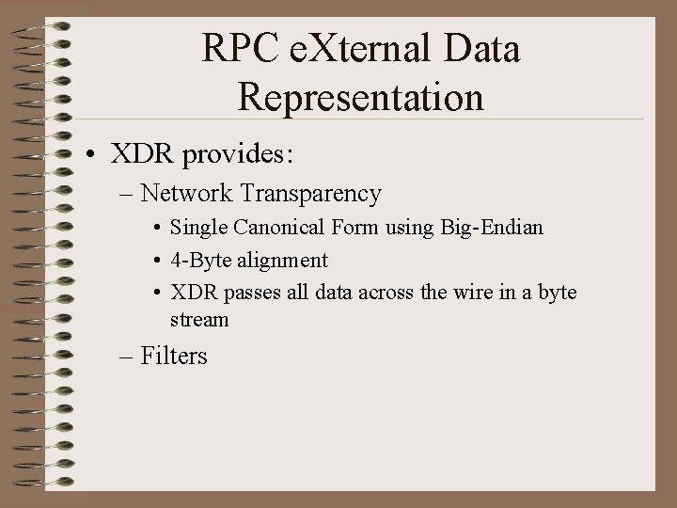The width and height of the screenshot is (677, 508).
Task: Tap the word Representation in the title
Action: point(361,96)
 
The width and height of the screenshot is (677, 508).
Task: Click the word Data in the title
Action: point(481,49)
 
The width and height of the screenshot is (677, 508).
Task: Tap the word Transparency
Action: point(311,194)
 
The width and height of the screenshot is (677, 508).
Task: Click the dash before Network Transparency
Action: point(127,195)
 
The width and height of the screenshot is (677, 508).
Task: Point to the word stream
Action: point(199,320)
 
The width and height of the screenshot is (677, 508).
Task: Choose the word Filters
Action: point(174,356)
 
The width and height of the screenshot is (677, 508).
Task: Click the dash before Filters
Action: point(127,357)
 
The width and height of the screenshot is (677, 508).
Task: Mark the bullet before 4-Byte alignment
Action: point(156,261)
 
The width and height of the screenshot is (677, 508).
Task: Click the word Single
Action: point(197,229)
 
